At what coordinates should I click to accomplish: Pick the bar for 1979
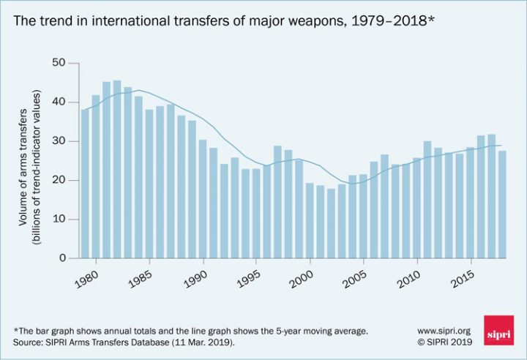click(x=85, y=184)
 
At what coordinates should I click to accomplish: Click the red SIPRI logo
click(x=498, y=331)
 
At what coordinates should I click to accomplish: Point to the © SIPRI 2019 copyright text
click(x=444, y=341)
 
